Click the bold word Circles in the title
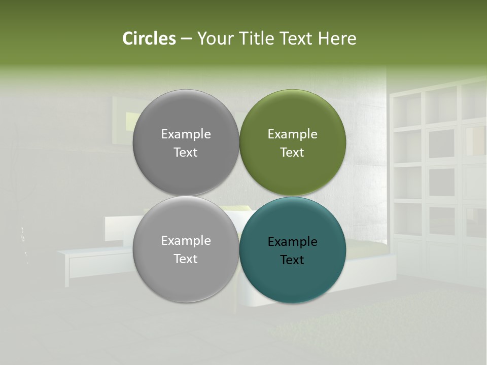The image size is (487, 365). click(x=149, y=39)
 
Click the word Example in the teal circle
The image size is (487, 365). click(x=292, y=242)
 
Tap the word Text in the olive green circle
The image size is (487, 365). click(x=292, y=153)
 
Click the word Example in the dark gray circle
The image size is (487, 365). click(x=186, y=134)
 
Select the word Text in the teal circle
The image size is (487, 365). click(x=292, y=260)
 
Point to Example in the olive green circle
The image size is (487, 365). click(x=292, y=134)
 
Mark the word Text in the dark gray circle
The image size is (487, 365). click(x=186, y=153)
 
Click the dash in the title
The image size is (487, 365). click(x=186, y=39)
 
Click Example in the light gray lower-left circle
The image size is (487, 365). click(x=186, y=241)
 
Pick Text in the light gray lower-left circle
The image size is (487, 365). click(x=186, y=259)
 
